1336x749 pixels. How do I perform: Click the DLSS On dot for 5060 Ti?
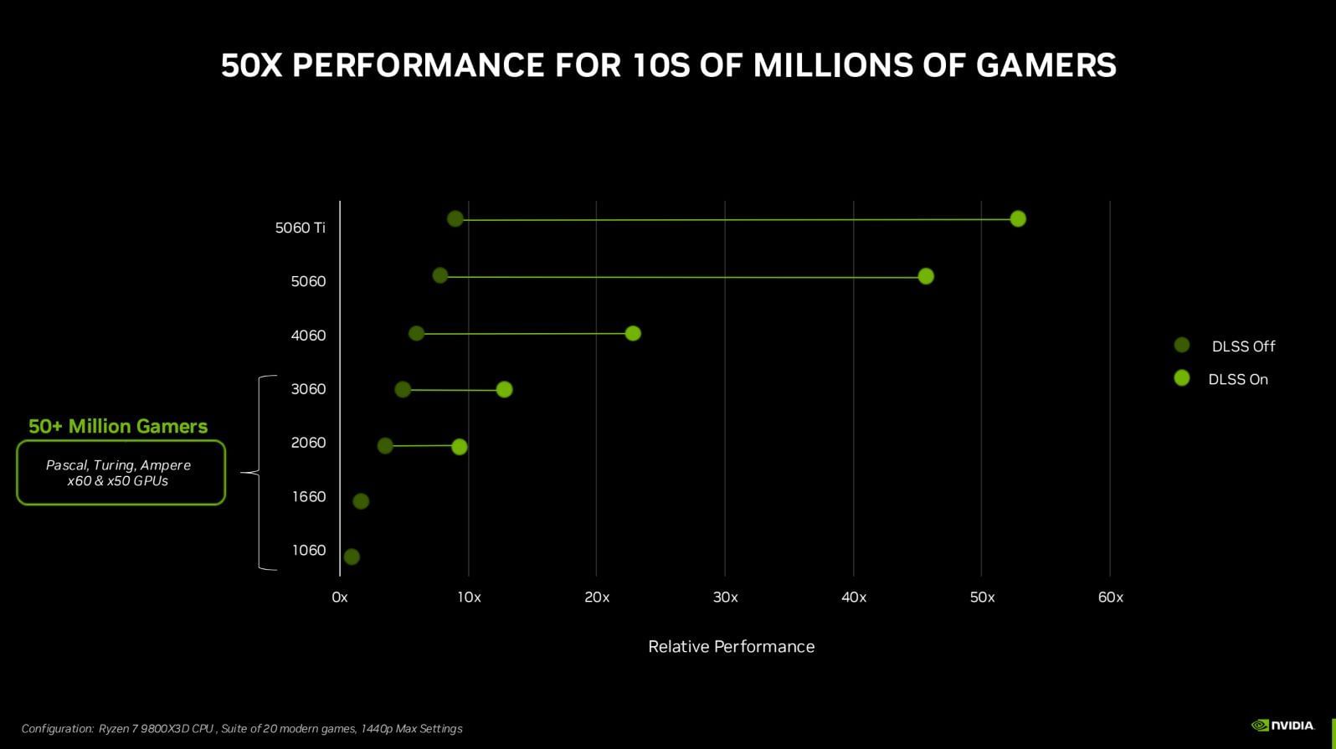[x=1018, y=219]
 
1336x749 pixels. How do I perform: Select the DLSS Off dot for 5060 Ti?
[x=455, y=219]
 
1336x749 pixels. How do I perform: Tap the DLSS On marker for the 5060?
[x=926, y=276]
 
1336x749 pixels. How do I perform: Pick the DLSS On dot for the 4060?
[x=633, y=334]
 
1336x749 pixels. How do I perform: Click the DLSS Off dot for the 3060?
[x=403, y=390]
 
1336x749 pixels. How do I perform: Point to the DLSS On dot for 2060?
[x=460, y=447]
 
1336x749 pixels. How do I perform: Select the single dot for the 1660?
[x=361, y=501]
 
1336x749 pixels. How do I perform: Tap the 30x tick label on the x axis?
[x=725, y=598]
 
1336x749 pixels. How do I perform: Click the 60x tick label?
[x=1110, y=598]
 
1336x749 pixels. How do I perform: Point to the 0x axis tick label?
[x=339, y=598]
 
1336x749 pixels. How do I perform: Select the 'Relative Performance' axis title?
[x=731, y=647]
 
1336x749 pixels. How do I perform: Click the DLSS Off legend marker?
[x=1182, y=346]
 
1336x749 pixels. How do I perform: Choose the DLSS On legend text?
[x=1238, y=380]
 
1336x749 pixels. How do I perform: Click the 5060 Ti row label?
[x=300, y=228]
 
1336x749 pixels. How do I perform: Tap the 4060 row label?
[x=308, y=336]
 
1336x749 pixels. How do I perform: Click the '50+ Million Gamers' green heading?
[x=118, y=427]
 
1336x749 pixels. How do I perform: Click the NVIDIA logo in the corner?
[x=1282, y=726]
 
